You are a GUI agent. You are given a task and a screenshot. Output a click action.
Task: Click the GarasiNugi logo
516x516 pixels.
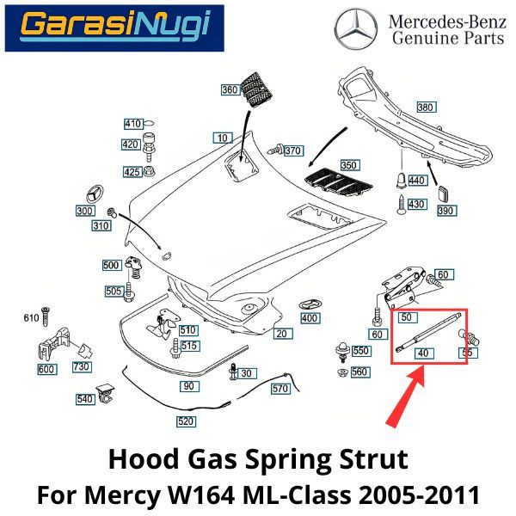114,28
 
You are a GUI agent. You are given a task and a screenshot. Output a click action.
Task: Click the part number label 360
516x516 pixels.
230,90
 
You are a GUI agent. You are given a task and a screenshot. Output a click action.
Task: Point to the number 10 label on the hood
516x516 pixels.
223,138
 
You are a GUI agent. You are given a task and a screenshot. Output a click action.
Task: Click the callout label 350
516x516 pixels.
347,165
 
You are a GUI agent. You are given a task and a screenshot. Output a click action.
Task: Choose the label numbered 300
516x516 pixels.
84,211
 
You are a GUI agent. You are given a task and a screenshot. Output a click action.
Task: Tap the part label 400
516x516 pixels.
310,319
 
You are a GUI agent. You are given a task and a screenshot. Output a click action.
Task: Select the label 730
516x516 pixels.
81,367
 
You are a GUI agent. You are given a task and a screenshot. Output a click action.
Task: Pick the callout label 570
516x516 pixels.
279,389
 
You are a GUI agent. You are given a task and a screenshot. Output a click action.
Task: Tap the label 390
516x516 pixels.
445,210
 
